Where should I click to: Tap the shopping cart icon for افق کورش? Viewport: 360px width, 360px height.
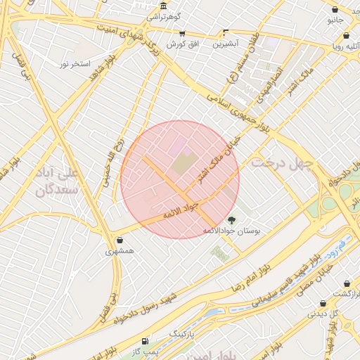[182, 33]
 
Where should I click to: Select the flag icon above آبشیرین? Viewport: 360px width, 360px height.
[225, 32]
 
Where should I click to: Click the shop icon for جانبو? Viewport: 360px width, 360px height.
[335, 10]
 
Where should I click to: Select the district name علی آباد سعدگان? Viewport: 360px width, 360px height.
[55, 179]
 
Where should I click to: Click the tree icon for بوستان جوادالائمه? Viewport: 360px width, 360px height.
[231, 219]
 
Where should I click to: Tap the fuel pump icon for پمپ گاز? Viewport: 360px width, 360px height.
[145, 340]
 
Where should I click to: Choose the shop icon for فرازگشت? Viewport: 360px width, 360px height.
[347, 283]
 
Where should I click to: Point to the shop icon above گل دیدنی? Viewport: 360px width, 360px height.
[323, 304]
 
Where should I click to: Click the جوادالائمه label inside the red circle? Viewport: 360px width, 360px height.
[181, 209]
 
